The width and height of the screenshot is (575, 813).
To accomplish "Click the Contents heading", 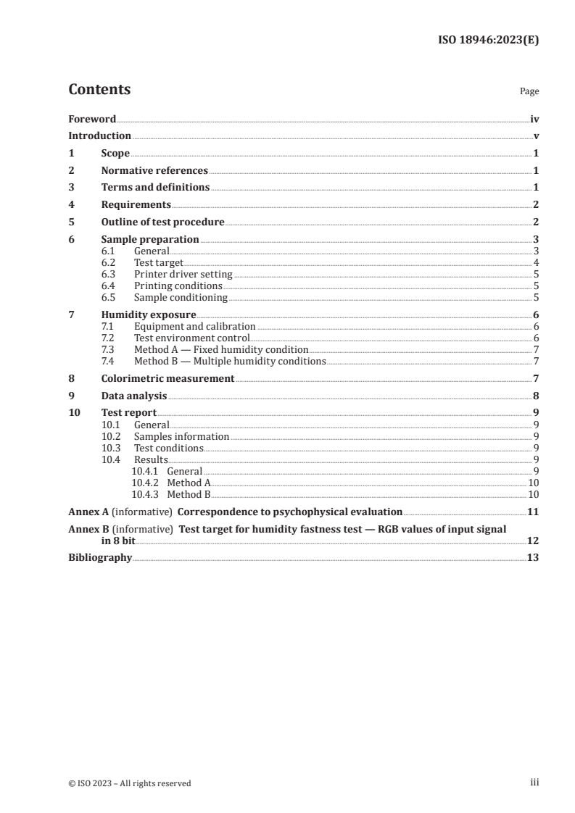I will [x=99, y=90].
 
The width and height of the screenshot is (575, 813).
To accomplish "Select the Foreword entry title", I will [x=92, y=119].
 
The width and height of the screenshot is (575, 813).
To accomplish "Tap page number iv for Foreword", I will [x=534, y=119].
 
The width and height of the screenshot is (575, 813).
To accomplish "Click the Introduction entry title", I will [x=99, y=136].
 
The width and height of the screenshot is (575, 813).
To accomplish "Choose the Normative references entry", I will [x=154, y=171].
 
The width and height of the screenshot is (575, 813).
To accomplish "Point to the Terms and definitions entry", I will [x=155, y=188].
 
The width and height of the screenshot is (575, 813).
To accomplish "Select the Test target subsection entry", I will [x=159, y=262].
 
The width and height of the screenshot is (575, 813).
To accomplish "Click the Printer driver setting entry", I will [x=183, y=275].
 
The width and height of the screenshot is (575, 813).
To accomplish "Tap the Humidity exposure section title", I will [x=149, y=315].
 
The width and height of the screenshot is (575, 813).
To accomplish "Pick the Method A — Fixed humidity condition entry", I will [x=221, y=349].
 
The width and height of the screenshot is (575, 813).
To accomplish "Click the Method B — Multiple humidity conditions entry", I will [x=230, y=361].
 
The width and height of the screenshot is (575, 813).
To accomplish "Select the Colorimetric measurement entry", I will [x=167, y=378].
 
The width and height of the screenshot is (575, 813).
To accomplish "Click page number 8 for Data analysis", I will [x=536, y=396].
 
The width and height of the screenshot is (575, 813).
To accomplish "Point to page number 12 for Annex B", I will [x=533, y=541].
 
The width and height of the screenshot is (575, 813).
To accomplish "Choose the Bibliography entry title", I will [x=100, y=558].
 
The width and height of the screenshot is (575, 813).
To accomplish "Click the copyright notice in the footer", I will [x=130, y=783].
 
